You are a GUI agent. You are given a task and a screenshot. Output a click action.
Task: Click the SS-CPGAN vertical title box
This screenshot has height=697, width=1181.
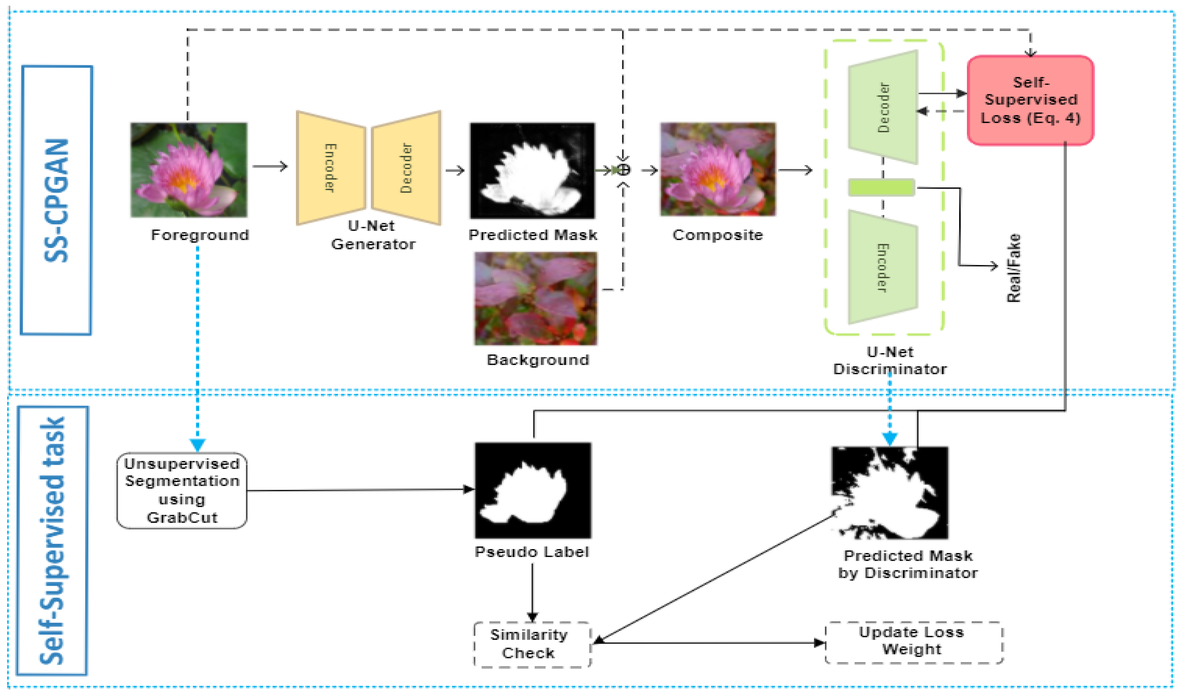[56, 200]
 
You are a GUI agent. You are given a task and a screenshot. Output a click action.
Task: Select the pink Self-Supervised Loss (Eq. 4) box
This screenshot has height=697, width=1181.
[1030, 100]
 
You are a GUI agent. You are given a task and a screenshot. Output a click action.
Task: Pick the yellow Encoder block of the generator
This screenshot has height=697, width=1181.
[331, 168]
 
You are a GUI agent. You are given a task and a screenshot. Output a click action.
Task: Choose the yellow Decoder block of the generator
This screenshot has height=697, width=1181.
[407, 168]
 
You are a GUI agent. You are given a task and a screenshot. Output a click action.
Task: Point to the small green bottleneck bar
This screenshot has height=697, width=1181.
[881, 187]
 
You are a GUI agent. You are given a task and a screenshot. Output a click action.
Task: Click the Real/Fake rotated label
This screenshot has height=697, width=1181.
[1013, 268]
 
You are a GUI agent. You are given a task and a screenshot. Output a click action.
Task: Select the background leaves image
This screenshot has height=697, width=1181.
[536, 298]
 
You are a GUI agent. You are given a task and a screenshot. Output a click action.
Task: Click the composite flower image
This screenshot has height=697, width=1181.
[718, 169]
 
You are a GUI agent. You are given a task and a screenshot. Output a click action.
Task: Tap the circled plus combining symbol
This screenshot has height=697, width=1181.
[623, 169]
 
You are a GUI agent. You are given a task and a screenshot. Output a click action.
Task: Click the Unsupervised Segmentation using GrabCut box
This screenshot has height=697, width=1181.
[182, 490]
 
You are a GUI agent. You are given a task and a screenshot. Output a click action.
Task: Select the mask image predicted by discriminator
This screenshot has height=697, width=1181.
[890, 492]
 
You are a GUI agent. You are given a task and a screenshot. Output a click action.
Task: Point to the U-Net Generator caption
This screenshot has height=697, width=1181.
[373, 235]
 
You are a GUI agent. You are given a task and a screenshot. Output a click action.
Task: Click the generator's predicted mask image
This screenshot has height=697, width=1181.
[532, 171]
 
